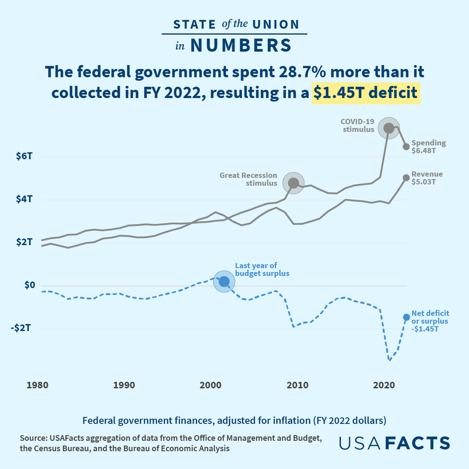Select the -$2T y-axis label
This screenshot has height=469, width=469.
click(22, 328)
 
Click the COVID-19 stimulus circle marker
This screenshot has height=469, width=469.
click(389, 128)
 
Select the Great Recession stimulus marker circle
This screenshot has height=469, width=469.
click(294, 183)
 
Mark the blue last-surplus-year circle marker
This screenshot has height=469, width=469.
click(224, 281)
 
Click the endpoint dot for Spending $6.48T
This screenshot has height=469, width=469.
click(406, 147)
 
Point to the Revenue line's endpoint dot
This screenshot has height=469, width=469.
click(406, 177)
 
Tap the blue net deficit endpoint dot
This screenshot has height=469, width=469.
click(407, 317)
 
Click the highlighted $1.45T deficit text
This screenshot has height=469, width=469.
click(366, 93)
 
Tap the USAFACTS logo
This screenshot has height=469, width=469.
click(394, 443)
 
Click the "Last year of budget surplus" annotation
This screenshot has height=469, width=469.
click(262, 269)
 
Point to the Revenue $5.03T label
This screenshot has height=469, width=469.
click(427, 178)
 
